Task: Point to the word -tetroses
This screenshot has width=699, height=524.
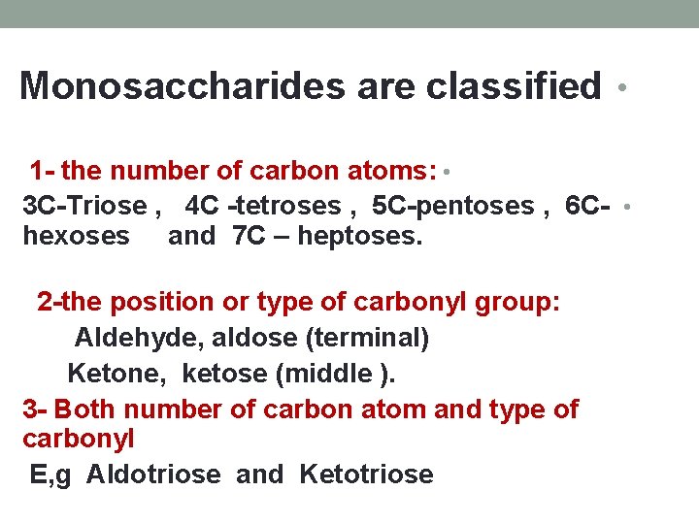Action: (x=283, y=206)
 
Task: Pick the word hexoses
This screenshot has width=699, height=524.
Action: (x=76, y=235)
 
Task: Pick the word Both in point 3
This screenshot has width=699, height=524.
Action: (x=91, y=409)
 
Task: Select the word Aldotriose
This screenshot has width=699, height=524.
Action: (x=155, y=475)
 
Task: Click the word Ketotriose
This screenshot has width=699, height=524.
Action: (x=366, y=475)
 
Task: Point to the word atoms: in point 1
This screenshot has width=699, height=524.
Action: (x=397, y=172)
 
